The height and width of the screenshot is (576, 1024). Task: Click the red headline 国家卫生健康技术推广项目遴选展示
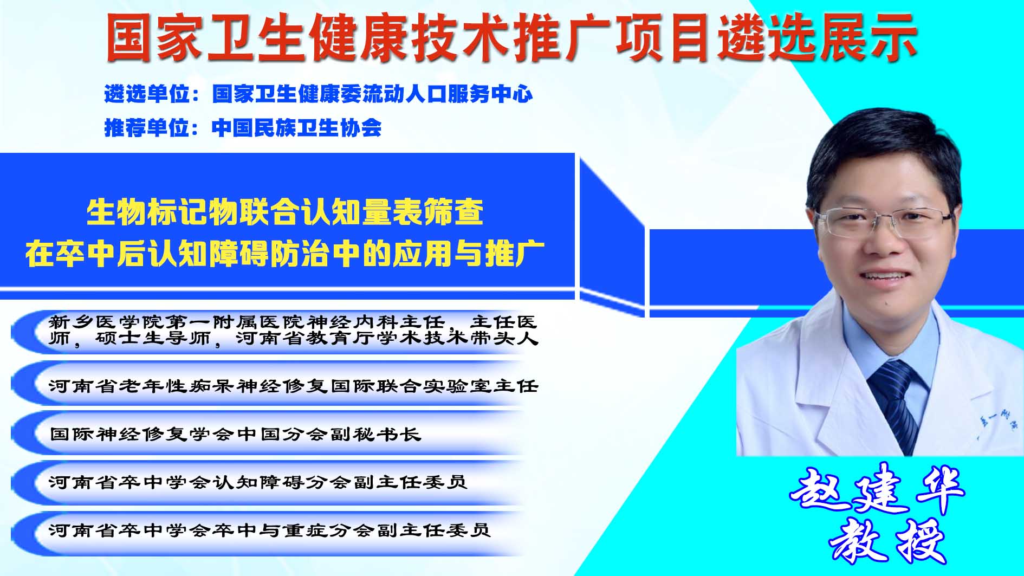click(x=511, y=37)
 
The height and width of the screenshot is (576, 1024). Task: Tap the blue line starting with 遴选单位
click(x=319, y=94)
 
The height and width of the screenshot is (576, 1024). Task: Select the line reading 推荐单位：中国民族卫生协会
click(x=243, y=128)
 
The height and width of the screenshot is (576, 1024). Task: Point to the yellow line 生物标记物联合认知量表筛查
click(x=285, y=212)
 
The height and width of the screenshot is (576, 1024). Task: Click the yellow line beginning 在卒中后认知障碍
click(x=285, y=254)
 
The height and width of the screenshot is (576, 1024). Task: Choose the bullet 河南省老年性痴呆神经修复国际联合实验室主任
click(x=294, y=386)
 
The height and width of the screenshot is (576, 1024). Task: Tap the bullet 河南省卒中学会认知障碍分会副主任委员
click(x=258, y=482)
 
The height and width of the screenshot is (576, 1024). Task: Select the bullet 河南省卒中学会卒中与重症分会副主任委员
click(x=270, y=529)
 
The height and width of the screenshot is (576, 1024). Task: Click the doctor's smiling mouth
click(x=884, y=279)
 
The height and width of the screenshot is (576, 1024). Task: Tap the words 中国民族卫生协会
click(x=297, y=128)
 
